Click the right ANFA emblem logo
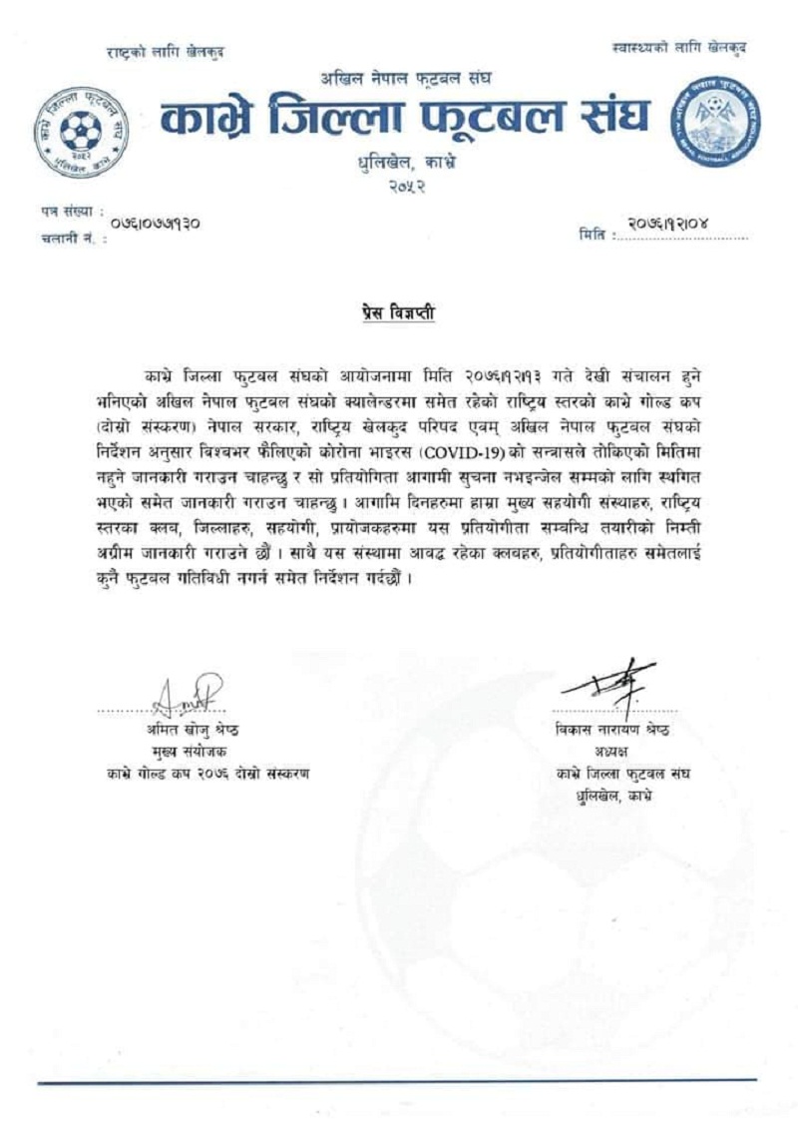point(712,117)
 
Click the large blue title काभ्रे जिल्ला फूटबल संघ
point(405,118)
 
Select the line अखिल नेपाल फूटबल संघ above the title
point(404,78)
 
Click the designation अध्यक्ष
point(612,752)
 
